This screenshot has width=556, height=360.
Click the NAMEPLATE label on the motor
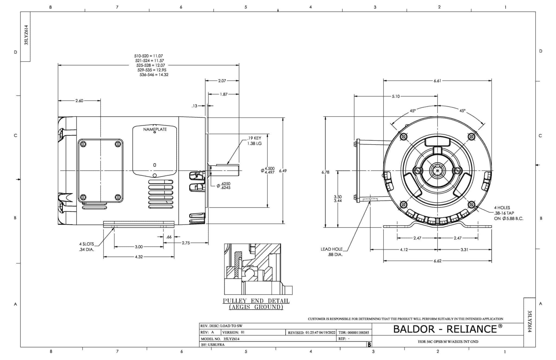[x=155, y=129]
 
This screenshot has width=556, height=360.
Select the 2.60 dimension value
[x=79, y=101]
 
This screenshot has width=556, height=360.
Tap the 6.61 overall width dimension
[x=437, y=81]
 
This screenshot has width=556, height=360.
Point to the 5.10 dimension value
[x=396, y=96]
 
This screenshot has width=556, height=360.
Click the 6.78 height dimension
[x=325, y=172]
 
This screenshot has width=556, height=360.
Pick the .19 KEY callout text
[x=254, y=138]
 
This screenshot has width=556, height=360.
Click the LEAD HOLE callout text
[x=331, y=249]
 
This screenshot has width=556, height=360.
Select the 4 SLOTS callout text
[x=86, y=244]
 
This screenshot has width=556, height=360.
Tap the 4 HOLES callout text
[x=502, y=208]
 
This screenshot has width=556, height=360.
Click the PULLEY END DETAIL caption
[x=256, y=301]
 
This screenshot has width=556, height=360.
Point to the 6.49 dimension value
[x=283, y=171]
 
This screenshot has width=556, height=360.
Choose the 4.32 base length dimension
[x=139, y=257]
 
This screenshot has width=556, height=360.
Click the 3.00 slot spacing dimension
[x=139, y=247]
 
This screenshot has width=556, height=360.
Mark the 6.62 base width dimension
[x=437, y=261]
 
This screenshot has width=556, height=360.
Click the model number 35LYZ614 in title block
[x=231, y=339]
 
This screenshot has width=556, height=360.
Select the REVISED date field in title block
[x=312, y=332]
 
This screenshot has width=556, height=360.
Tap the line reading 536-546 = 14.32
[x=154, y=75]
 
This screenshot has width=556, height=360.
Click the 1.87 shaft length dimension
[x=224, y=94]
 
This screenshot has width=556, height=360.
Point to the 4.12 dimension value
[x=404, y=249]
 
